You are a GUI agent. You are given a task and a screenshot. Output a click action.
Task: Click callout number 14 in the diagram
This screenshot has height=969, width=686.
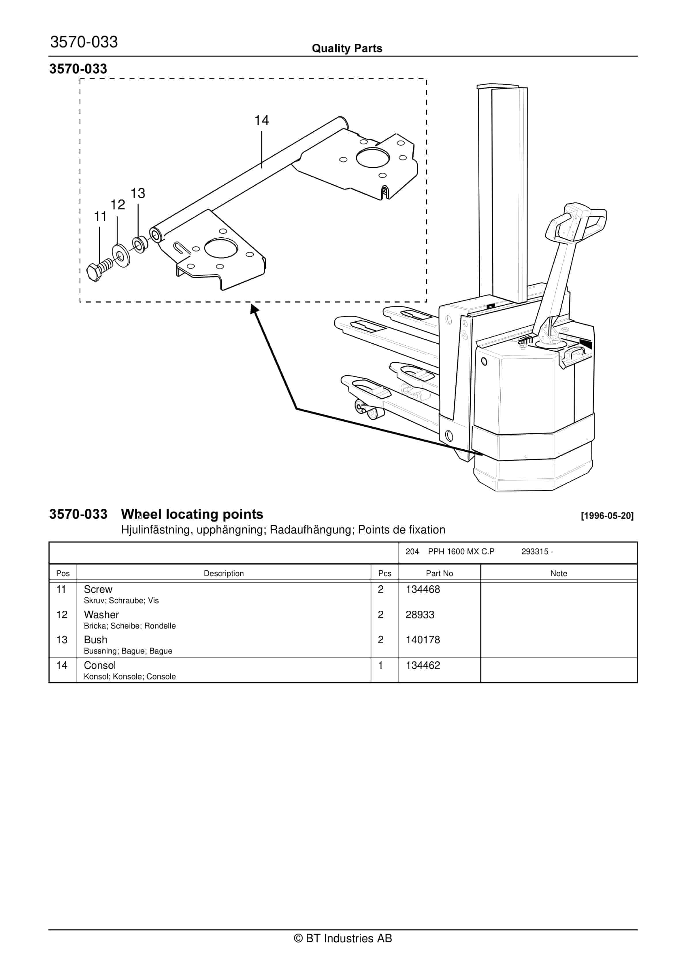(x=261, y=121)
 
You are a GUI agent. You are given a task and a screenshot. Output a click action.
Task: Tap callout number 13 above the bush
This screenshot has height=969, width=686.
(x=138, y=193)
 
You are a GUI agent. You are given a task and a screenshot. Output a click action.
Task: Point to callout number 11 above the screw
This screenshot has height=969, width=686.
(x=100, y=217)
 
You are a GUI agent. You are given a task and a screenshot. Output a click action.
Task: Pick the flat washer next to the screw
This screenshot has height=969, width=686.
(x=121, y=255)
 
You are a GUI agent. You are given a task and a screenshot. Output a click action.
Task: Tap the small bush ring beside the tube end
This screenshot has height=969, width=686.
(x=140, y=245)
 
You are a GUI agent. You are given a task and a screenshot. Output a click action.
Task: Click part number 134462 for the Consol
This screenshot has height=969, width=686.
(x=423, y=666)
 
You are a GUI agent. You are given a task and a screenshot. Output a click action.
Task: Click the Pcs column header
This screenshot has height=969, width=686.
(x=385, y=573)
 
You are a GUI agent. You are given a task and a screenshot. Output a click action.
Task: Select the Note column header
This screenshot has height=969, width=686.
(x=558, y=573)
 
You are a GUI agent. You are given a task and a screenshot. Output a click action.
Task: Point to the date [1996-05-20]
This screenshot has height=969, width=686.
(x=607, y=516)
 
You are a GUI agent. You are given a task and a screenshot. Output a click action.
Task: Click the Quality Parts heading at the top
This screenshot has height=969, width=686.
(x=347, y=48)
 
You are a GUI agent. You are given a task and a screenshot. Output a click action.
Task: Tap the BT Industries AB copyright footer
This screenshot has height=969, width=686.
(x=343, y=938)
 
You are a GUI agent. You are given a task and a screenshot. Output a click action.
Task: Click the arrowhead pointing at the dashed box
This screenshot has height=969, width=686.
(x=254, y=309)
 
